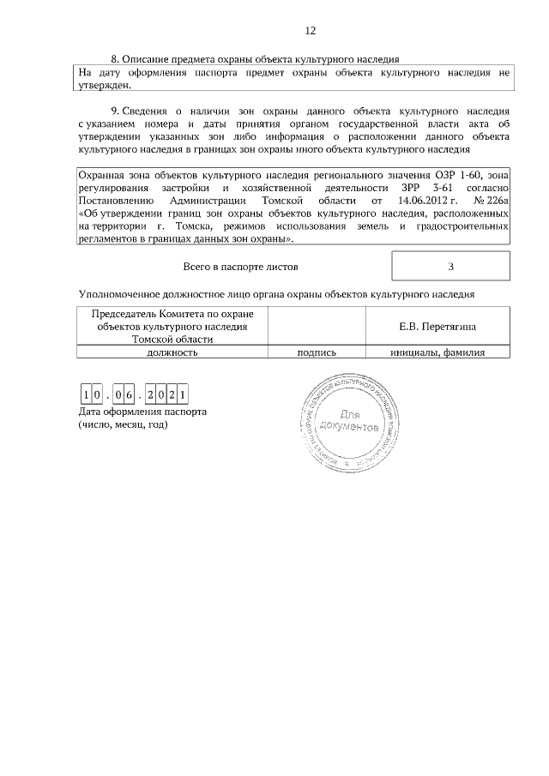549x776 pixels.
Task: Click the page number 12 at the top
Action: click(311, 31)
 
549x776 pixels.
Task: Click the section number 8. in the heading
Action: click(116, 59)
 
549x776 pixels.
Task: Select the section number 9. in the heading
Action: click(116, 111)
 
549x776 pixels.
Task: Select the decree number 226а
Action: click(497, 200)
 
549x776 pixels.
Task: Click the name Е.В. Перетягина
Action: click(437, 327)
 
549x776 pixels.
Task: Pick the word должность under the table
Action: click(172, 352)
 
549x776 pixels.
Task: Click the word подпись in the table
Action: click(317, 352)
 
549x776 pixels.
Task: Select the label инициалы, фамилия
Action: click(437, 352)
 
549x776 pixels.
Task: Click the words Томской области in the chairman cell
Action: click(172, 339)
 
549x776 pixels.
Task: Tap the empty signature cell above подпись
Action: click(317, 327)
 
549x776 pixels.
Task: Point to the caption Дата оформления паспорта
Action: click(142, 412)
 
